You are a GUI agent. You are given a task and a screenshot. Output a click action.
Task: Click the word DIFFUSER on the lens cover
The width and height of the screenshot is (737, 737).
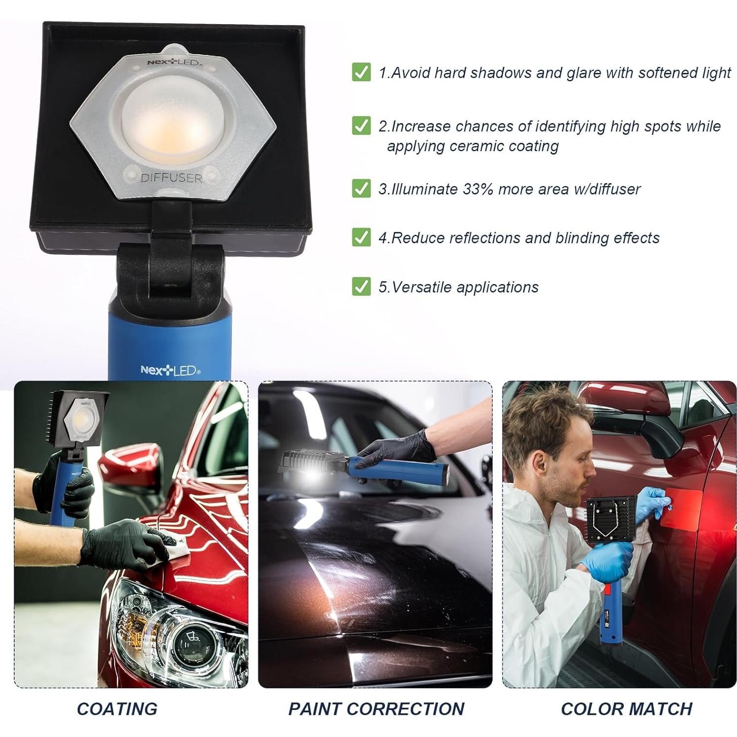click(171, 178)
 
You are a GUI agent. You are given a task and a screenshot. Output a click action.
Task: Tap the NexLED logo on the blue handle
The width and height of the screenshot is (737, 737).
click(170, 370)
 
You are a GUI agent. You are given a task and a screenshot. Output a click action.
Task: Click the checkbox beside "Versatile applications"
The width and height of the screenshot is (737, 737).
click(361, 287)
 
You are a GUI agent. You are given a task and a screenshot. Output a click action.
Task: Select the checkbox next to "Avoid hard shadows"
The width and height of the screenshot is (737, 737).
click(361, 72)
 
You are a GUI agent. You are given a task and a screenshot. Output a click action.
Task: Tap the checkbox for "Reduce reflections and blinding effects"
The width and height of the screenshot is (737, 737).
click(361, 238)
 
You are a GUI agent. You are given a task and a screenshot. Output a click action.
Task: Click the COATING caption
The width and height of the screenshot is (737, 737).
click(117, 709)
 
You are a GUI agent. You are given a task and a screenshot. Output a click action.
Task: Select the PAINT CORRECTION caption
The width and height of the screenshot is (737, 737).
click(376, 709)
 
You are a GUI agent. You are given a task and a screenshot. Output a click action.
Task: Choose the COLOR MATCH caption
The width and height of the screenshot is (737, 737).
click(626, 709)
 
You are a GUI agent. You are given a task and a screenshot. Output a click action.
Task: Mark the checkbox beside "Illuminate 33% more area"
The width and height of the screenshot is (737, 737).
click(361, 189)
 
